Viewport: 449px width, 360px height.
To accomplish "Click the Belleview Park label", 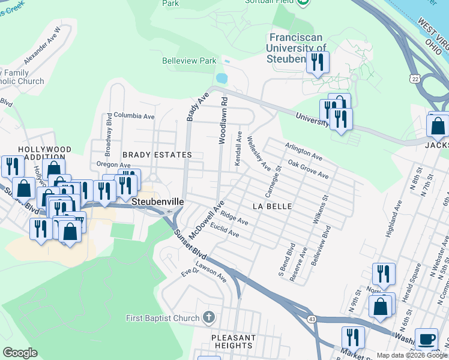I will pyautogui.click(x=188, y=61).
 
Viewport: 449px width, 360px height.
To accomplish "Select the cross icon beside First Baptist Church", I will pyautogui.click(x=208, y=317).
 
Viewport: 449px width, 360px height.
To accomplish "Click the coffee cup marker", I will pyautogui.click(x=427, y=339).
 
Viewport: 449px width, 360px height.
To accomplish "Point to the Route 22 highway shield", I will pyautogui.click(x=415, y=79).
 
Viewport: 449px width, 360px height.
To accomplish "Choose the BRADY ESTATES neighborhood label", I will pyautogui.click(x=157, y=155).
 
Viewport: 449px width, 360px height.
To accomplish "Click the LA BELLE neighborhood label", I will pyautogui.click(x=272, y=206).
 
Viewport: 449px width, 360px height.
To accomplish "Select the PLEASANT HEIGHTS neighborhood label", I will pyautogui.click(x=234, y=341).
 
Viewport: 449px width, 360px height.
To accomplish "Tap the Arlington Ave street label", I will pyautogui.click(x=303, y=152).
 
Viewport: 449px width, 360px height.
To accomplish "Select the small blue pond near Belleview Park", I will pyautogui.click(x=221, y=79).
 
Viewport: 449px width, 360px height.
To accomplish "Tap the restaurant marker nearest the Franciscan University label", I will pyautogui.click(x=317, y=61).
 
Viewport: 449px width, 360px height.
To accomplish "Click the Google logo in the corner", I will pyautogui.click(x=20, y=353).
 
